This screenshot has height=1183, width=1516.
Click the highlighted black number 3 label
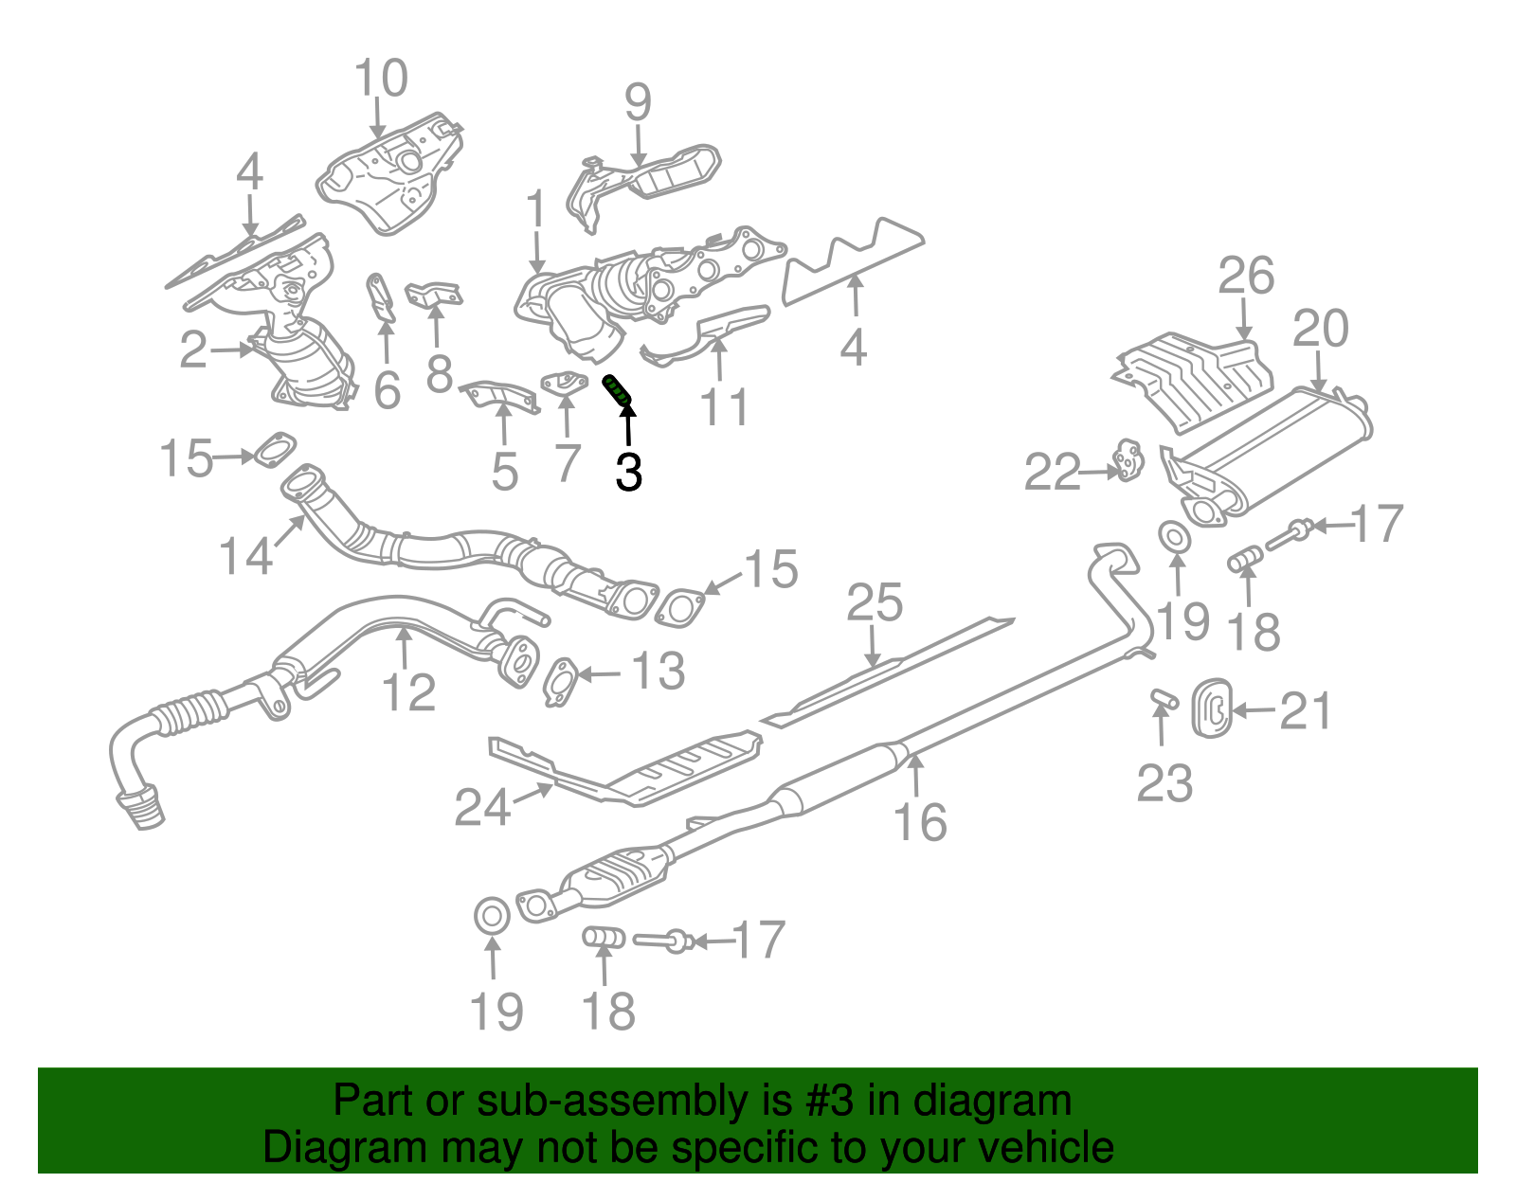click(x=628, y=471)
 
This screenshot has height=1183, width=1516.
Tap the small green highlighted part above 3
click(x=618, y=388)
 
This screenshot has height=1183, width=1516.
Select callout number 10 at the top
click(x=381, y=79)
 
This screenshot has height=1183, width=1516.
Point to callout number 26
click(x=1246, y=277)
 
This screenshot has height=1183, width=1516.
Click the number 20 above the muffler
click(x=1320, y=329)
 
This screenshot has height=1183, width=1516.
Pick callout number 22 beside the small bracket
click(x=1053, y=472)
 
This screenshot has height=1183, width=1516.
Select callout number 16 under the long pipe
click(x=920, y=821)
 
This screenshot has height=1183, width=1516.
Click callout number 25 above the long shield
click(x=875, y=603)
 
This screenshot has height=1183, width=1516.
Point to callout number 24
click(x=482, y=808)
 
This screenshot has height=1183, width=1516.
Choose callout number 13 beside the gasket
click(x=658, y=672)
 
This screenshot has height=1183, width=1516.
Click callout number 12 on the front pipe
click(x=408, y=692)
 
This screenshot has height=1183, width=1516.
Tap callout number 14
click(x=246, y=555)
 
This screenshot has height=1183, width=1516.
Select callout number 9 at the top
click(x=638, y=101)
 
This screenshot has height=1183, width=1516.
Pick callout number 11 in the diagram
click(x=724, y=407)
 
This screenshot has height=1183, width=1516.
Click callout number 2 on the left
click(x=193, y=350)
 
